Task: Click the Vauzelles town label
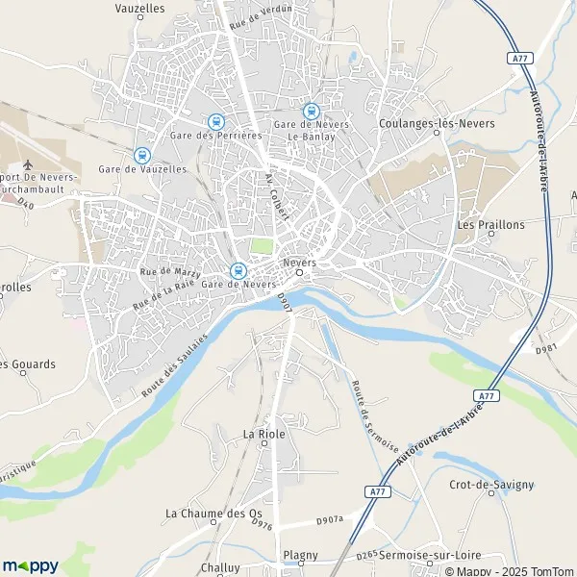point(139,7)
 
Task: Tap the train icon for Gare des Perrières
point(215,122)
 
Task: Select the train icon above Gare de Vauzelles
point(142,155)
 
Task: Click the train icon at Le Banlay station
point(311,112)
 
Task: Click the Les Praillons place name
point(490,225)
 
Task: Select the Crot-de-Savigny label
point(491,485)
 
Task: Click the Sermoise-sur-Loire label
point(430,556)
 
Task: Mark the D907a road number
point(329,521)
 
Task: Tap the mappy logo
point(31,565)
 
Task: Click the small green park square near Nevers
point(261,246)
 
